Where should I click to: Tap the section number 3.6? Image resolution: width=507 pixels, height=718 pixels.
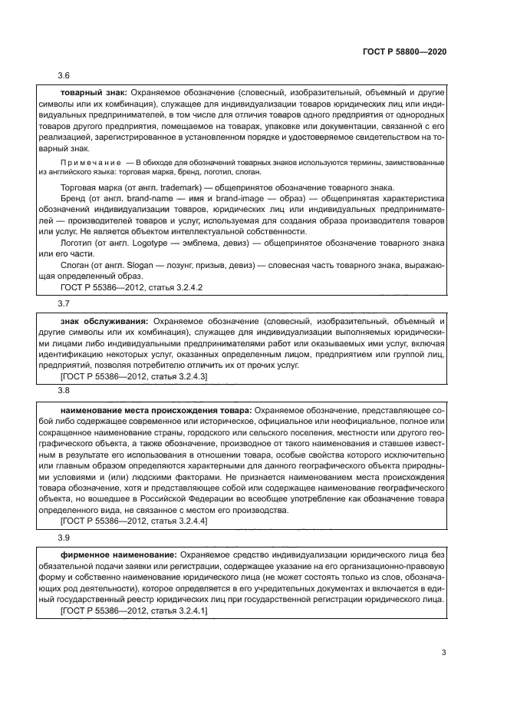coord(64,77)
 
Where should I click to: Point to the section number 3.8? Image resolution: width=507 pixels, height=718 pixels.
coord(64,390)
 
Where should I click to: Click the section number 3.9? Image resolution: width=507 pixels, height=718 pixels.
coord(64,538)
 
